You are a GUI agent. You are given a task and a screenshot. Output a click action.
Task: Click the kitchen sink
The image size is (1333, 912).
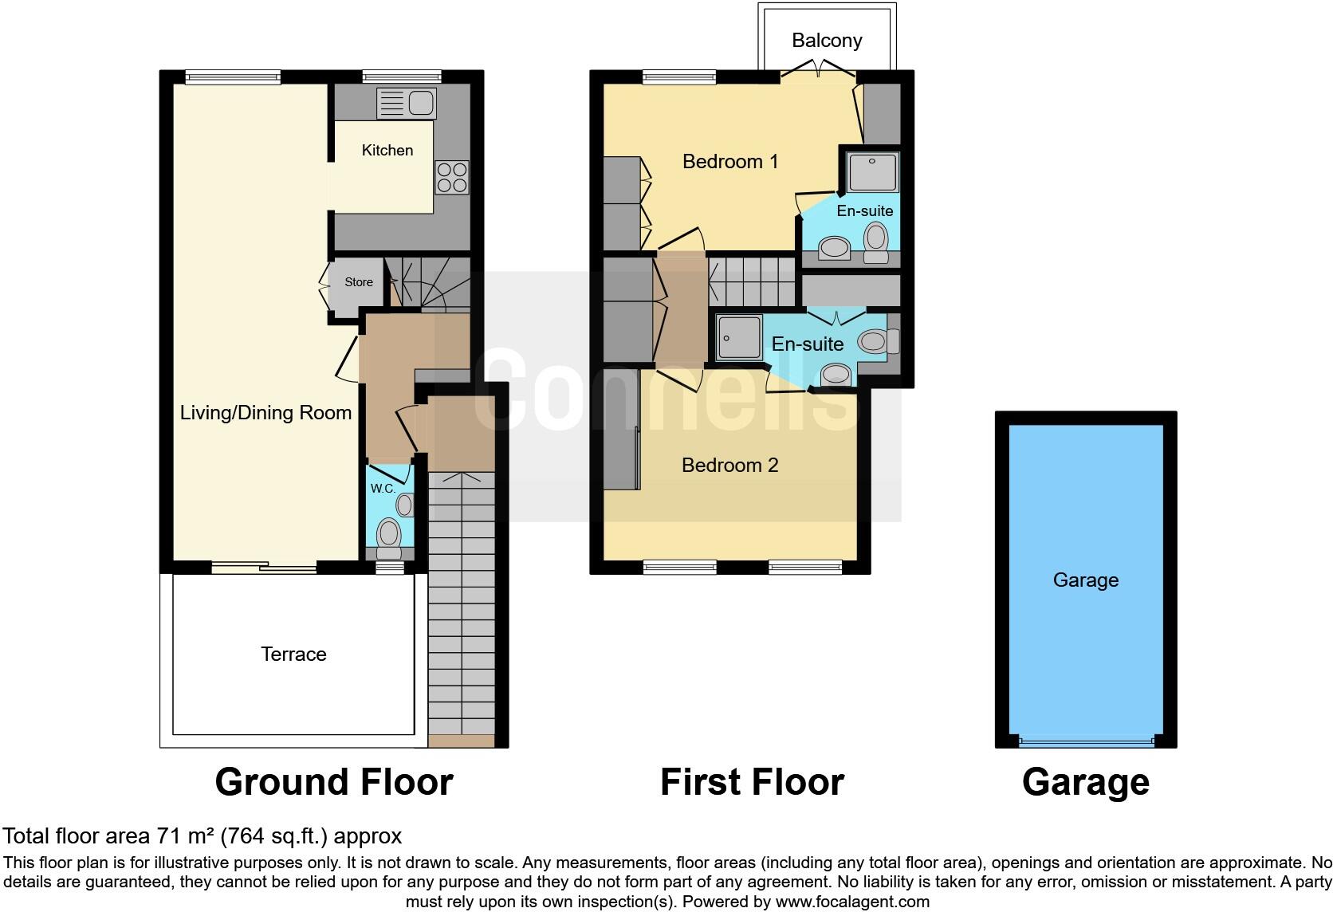(x=407, y=103)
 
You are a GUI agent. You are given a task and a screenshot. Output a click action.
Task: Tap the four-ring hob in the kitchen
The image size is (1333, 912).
(x=451, y=177)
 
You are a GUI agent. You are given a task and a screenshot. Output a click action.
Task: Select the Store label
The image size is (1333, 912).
(x=359, y=282)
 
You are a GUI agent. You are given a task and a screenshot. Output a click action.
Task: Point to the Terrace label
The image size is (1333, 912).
(x=293, y=655)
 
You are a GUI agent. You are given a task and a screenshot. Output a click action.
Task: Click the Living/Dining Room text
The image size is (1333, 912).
(x=265, y=413)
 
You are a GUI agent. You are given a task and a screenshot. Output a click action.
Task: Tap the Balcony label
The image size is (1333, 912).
(x=827, y=41)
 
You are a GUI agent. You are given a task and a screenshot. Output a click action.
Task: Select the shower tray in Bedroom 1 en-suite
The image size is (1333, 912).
(x=873, y=172)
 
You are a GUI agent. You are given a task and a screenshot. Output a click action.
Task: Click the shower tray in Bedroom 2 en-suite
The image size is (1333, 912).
(x=738, y=337)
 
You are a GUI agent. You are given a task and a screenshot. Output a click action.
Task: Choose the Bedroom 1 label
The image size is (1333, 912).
(x=729, y=162)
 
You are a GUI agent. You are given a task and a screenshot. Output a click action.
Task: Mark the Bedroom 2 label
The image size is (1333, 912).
(x=729, y=466)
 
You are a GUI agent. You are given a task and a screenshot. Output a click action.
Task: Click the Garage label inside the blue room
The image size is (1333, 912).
(x=1085, y=580)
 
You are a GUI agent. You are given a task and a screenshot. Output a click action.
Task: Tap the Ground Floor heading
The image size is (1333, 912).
(x=334, y=783)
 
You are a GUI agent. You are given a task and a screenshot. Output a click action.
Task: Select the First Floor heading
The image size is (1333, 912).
(x=752, y=783)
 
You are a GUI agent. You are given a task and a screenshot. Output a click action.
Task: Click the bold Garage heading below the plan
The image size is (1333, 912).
(x=1085, y=783)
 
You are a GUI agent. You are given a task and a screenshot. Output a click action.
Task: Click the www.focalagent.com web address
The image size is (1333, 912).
(x=852, y=902)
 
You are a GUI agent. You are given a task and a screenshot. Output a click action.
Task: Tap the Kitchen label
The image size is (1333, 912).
(x=387, y=151)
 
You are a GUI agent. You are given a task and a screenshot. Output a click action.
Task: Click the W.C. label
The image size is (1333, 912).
(x=383, y=489)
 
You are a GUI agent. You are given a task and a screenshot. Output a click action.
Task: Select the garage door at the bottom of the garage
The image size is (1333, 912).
(x=1086, y=741)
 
